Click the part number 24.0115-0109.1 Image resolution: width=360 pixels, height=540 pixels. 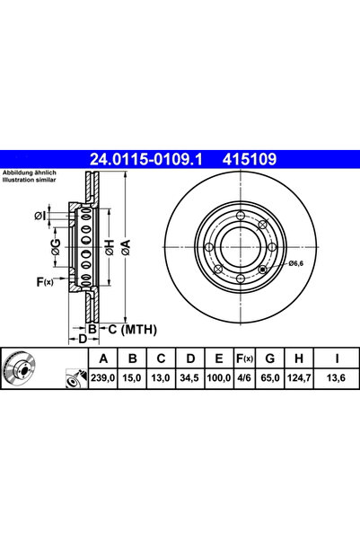pos(146,159)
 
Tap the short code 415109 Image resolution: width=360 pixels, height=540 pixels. pos(250,159)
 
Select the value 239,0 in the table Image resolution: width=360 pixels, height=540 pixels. pos(103,377)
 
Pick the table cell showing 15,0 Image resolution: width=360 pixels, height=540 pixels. pos(132,377)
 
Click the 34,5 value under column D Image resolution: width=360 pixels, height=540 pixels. pos(189,377)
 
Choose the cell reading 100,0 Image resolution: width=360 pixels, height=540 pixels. pos(218,377)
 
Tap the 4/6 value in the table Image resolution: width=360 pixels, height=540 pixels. pos(244,377)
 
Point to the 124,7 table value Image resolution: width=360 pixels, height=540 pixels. pos(298,377)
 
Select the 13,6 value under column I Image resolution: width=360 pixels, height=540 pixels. pos(336,377)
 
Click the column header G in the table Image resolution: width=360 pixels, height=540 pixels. pos(270,359)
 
